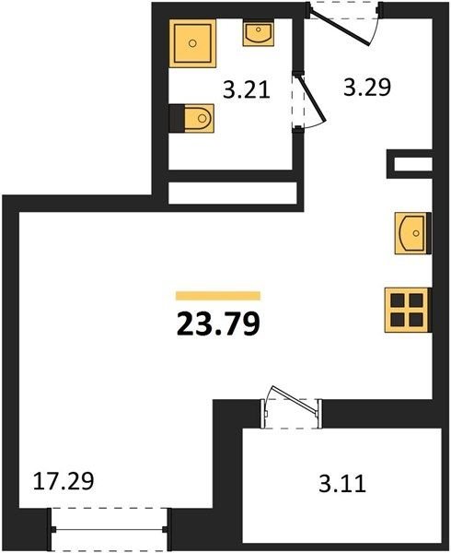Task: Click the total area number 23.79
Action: [x=218, y=324]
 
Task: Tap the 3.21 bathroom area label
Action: [x=247, y=89]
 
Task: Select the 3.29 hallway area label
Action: [x=367, y=88]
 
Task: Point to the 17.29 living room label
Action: [x=64, y=481]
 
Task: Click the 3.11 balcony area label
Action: [x=342, y=484]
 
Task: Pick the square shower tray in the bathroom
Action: [x=192, y=43]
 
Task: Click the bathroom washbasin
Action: [x=258, y=33]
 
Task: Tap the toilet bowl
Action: [x=199, y=118]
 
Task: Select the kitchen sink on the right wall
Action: [x=412, y=233]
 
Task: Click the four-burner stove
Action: [x=408, y=310]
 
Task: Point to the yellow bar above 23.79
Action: [x=218, y=296]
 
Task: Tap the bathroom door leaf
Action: [x=312, y=97]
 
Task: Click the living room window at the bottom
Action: [x=110, y=529]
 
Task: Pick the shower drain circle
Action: [x=191, y=43]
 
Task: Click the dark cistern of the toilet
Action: [x=177, y=118]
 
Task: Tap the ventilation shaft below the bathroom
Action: [x=233, y=193]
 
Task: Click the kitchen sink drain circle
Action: [x=416, y=233]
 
